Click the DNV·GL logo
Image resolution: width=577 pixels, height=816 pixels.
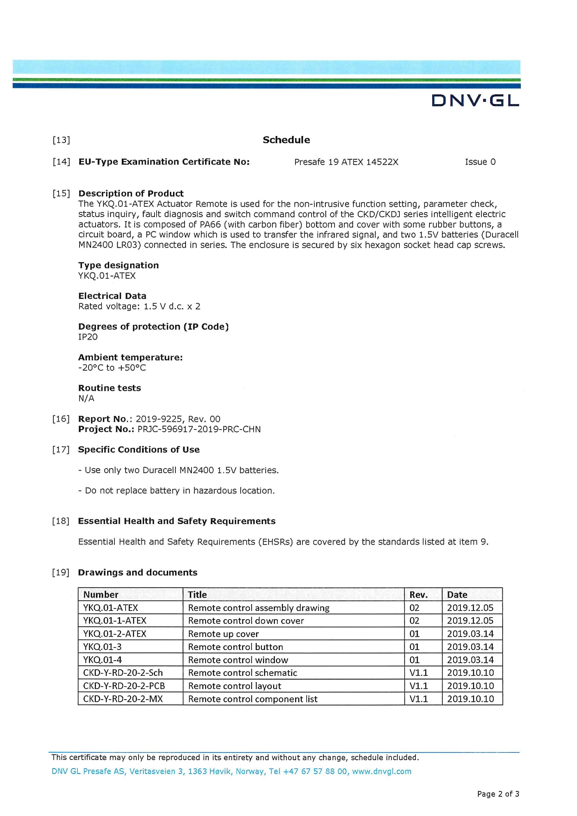pyautogui.click(x=475, y=100)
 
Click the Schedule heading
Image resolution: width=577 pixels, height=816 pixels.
pyautogui.click(x=286, y=140)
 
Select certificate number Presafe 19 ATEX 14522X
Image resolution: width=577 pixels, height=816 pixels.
pyautogui.click(x=346, y=162)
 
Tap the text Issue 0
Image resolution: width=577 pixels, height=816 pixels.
pyautogui.click(x=480, y=162)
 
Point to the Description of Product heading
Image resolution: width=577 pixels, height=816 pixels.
pyautogui.click(x=131, y=193)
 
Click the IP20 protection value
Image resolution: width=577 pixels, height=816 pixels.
pyautogui.click(x=88, y=337)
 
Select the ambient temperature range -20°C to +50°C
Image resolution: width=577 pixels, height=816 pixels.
pyautogui.click(x=112, y=367)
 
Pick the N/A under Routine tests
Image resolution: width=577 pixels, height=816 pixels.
pyautogui.click(x=86, y=398)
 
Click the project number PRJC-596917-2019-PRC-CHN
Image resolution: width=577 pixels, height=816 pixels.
pyautogui.click(x=199, y=429)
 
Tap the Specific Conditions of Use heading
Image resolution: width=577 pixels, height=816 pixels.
pyautogui.click(x=138, y=450)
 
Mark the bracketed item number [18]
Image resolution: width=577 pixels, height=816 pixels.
pyautogui.click(x=61, y=521)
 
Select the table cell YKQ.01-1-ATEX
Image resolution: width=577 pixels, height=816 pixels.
pyautogui.click(x=114, y=621)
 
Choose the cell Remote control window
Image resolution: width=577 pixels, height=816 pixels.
pyautogui.click(x=238, y=660)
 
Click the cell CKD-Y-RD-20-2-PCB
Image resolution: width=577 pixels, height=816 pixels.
pyautogui.click(x=123, y=686)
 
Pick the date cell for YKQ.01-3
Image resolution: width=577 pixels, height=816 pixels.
pyautogui.click(x=470, y=647)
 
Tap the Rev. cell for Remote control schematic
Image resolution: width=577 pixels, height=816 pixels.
pyautogui.click(x=419, y=673)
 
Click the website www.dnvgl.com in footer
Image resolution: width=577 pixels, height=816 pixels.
pyautogui.click(x=382, y=771)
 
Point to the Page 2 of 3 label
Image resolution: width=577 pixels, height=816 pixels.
pyautogui.click(x=498, y=794)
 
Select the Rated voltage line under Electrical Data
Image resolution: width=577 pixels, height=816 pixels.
pyautogui.click(x=139, y=306)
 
